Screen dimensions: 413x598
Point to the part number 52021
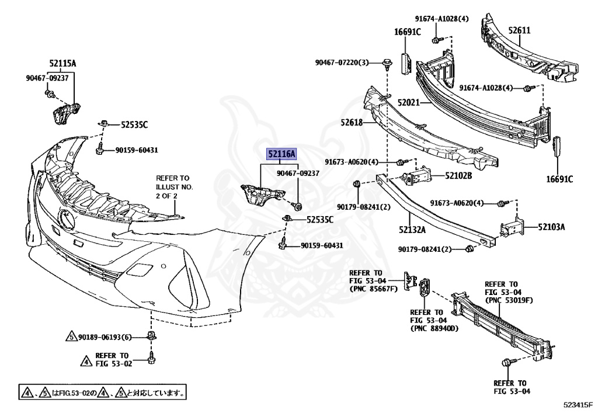(409, 102)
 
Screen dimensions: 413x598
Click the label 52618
(352, 123)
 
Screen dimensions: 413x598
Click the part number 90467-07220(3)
(342, 63)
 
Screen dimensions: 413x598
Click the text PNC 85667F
(373, 289)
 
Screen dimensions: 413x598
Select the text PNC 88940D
(434, 328)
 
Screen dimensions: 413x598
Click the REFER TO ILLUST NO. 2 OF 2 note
(173, 187)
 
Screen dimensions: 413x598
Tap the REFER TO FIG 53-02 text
(112, 359)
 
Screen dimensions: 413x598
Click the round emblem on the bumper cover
(66, 218)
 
